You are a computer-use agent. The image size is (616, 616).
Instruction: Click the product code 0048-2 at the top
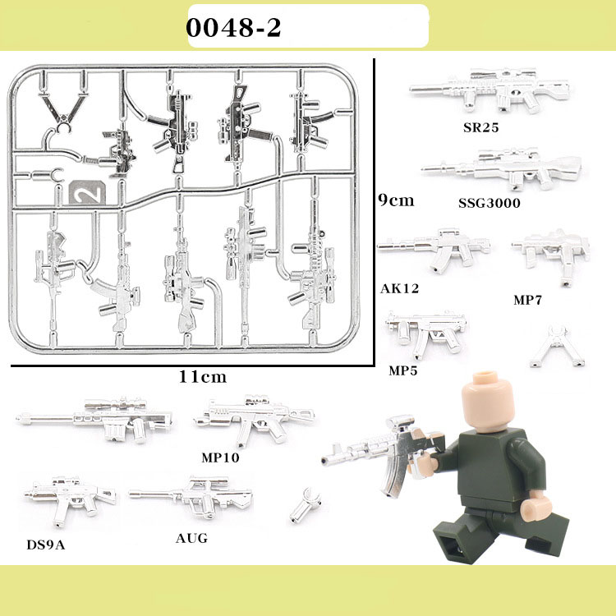coord(233,28)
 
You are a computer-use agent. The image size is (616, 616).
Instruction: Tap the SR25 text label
coord(480,128)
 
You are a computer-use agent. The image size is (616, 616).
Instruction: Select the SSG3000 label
coord(490,202)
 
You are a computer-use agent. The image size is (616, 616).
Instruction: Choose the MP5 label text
coord(403,370)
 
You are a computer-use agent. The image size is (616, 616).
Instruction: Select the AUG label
coord(192,538)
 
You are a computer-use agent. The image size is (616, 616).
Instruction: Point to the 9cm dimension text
coord(396,200)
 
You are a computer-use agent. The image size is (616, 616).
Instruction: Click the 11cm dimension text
coord(203,377)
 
